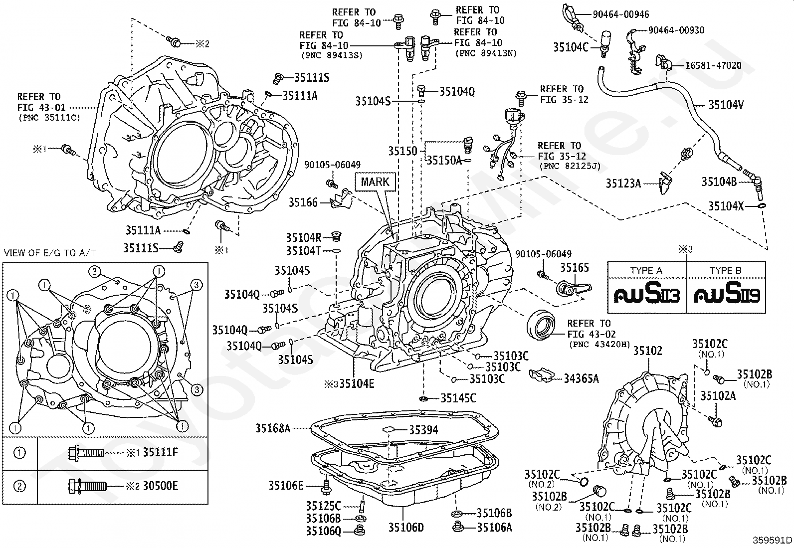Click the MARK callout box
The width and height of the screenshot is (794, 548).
point(375,182)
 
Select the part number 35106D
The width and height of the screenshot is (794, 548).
point(406,528)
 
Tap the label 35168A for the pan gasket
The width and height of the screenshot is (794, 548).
point(273,428)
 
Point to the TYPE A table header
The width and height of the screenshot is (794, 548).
point(646,270)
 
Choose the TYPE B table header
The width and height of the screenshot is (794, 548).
point(725,270)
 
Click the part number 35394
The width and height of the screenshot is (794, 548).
point(423,430)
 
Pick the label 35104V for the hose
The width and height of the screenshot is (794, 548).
point(726,105)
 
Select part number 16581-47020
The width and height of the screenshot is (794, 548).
point(713,66)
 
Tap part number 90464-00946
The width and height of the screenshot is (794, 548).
point(620,14)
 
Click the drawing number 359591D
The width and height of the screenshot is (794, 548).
point(772,540)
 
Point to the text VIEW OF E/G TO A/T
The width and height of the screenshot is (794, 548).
point(50,253)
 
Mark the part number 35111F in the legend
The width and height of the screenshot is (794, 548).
point(161,452)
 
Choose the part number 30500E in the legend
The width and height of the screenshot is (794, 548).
point(160,486)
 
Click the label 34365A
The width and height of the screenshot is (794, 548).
point(581,379)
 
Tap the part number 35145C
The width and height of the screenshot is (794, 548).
point(458,398)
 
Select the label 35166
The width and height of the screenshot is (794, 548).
point(303,202)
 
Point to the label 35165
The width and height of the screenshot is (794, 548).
point(574,268)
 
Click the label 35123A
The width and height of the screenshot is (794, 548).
point(623,183)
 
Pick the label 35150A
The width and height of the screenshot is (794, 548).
point(444,160)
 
